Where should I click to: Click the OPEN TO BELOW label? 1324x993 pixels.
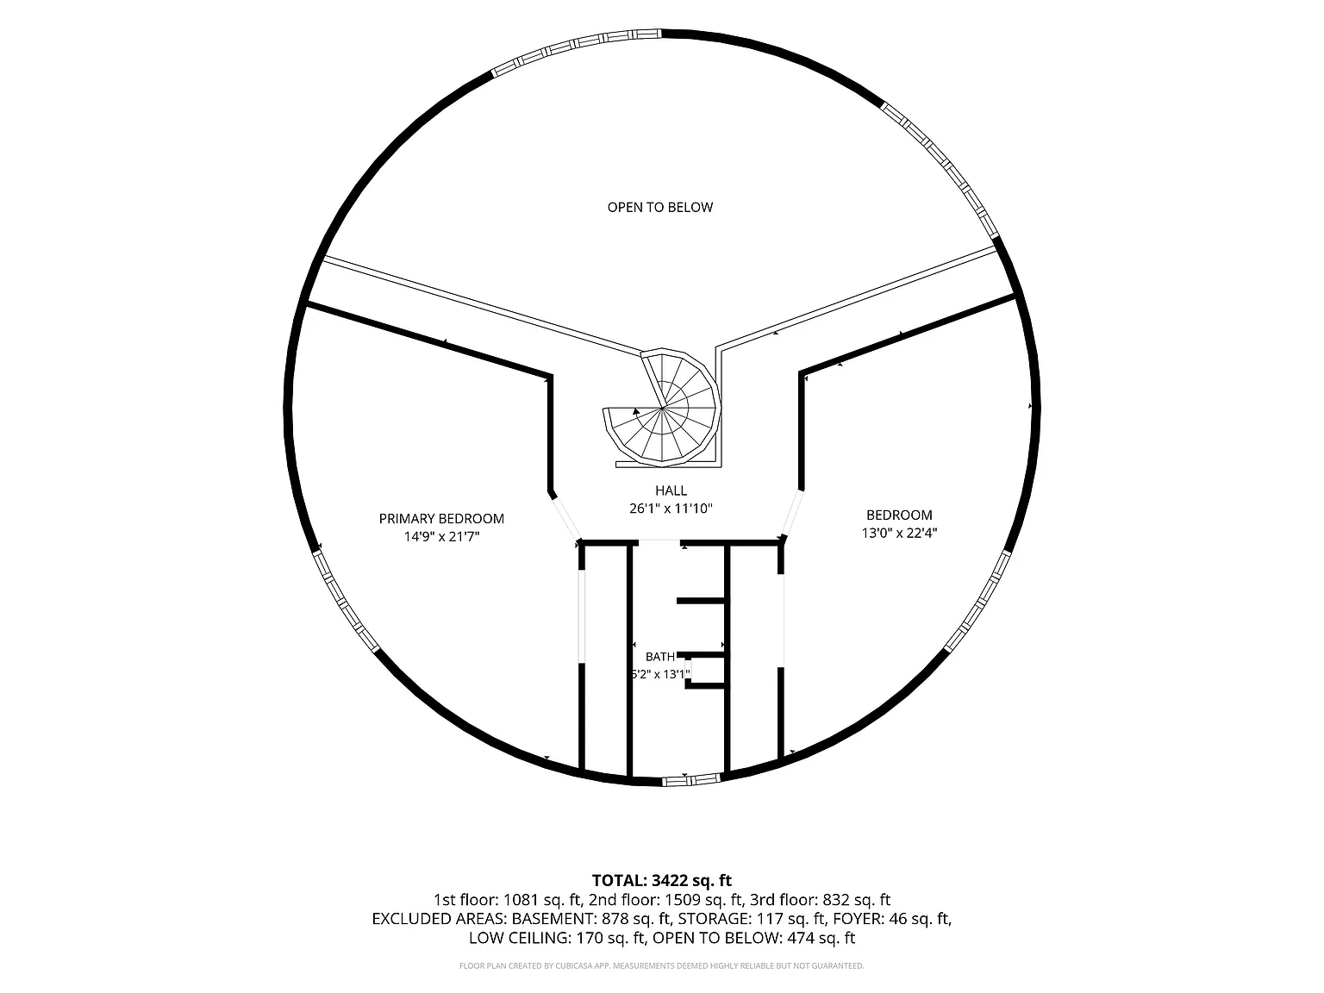[x=660, y=208]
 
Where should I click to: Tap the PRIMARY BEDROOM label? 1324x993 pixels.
[x=441, y=519]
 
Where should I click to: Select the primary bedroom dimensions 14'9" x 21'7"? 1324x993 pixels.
[x=441, y=537]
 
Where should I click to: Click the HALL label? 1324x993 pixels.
[x=671, y=490]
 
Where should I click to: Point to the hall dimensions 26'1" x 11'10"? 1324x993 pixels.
[x=671, y=509]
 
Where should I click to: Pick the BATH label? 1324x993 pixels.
[x=660, y=657]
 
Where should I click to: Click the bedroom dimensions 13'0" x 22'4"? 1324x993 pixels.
[x=899, y=533]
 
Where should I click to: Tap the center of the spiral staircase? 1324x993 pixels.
[x=662, y=409]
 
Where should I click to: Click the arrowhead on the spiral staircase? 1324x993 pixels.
[x=636, y=411]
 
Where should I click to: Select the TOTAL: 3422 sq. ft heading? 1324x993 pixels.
[x=662, y=881]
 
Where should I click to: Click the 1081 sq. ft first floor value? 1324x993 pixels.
[x=541, y=900]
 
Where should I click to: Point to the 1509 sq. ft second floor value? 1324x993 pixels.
[x=703, y=900]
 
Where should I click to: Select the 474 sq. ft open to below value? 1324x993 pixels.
[x=821, y=938]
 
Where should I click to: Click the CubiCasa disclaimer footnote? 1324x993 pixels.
[x=662, y=966]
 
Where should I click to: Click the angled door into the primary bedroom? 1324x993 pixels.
[x=565, y=517]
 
